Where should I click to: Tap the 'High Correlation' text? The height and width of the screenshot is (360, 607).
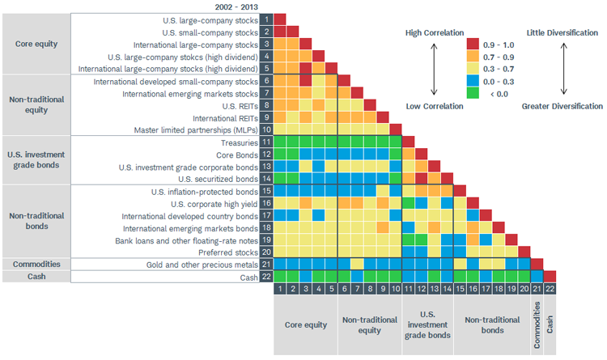[x=435, y=33]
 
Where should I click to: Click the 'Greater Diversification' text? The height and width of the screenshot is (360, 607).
[x=562, y=106]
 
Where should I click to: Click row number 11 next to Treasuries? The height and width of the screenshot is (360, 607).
[x=266, y=142]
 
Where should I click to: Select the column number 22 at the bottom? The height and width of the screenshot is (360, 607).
[x=550, y=289]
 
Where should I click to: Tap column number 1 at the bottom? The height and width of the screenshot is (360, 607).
[x=280, y=289]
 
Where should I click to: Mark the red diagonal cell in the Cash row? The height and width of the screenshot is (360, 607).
[x=550, y=277]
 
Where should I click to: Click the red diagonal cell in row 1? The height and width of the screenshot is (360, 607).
[x=280, y=19]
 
